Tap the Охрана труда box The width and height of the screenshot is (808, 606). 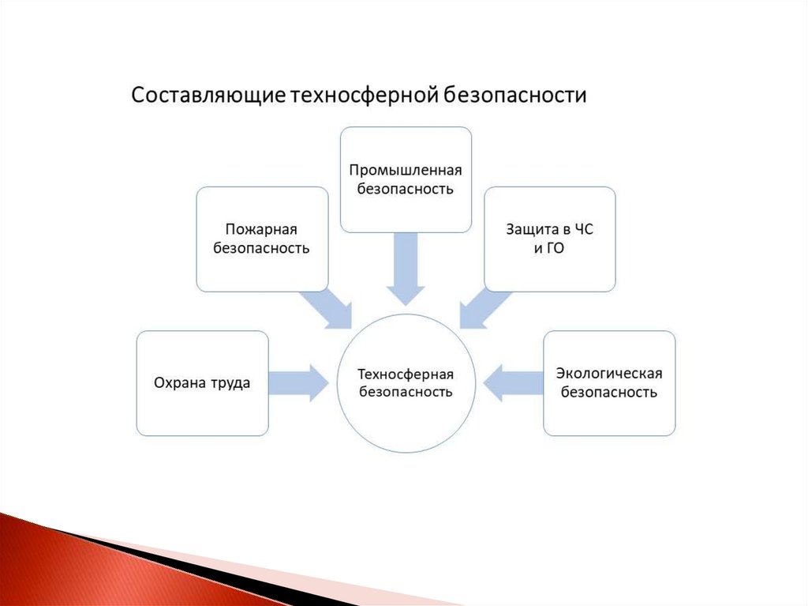(x=202, y=383)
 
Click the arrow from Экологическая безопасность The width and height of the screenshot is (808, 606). (x=512, y=383)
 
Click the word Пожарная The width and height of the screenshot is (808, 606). (x=261, y=230)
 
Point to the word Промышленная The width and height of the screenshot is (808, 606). (x=406, y=171)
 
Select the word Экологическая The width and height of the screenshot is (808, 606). (x=609, y=374)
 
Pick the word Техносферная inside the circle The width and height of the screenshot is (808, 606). (x=406, y=374)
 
